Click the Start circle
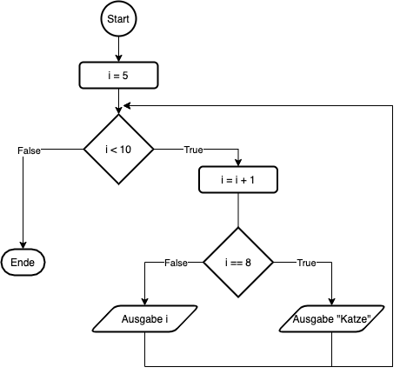pos(119,19)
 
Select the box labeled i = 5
pos(118,76)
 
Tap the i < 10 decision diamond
pos(118,150)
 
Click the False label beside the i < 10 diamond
pos(29,150)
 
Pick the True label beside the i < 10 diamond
pos(193,150)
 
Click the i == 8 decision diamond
pos(237,262)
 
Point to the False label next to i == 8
pos(176,263)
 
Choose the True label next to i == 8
pos(306,263)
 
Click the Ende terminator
pos(23,262)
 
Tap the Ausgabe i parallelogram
pos(145,320)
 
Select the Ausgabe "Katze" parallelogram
pos(332,320)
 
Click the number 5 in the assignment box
pos(125,76)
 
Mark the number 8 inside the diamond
pos(248,262)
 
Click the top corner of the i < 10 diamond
pos(118,117)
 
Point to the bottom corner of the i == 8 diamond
pos(237,295)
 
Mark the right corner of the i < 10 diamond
pos(152,150)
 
